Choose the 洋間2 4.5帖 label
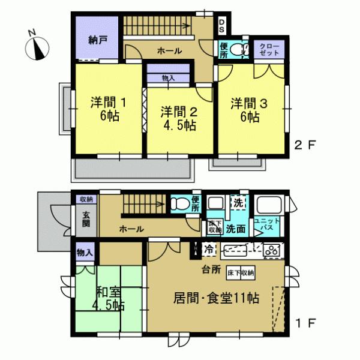pyautogui.click(x=178, y=117)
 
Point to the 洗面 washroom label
pyautogui.click(x=235, y=229)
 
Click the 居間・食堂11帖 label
pyautogui.click(x=217, y=298)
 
